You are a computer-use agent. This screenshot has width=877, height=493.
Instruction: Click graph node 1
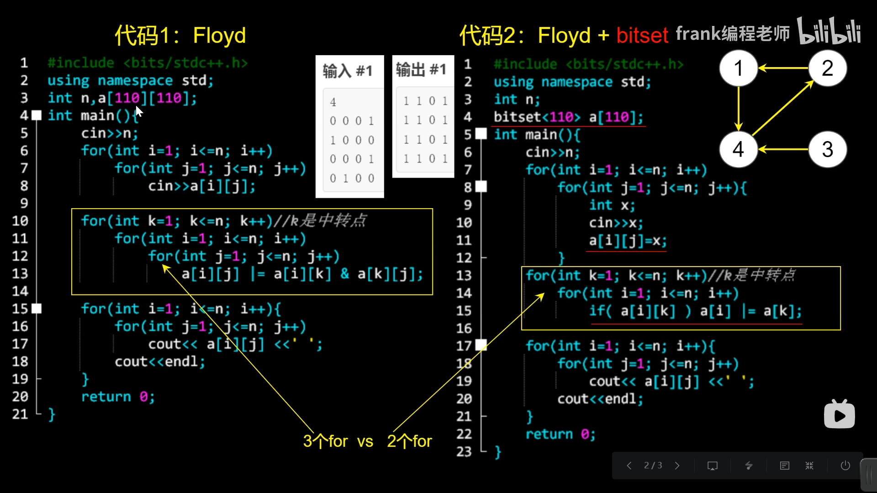pos(738,68)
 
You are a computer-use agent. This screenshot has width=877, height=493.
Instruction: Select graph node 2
pos(827,68)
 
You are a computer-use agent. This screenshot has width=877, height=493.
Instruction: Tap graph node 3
pos(827,149)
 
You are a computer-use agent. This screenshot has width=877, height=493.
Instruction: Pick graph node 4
pos(738,149)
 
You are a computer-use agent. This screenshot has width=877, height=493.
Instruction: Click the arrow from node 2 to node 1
pos(783,68)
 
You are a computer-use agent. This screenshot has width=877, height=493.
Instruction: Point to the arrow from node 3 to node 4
pos(783,149)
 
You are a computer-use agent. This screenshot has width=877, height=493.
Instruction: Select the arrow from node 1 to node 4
pos(739,109)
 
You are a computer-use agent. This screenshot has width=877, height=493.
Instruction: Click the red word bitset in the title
pos(642,36)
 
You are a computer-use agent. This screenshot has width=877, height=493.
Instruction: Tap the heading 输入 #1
pos(348,71)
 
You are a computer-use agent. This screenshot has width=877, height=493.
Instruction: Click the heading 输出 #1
pos(421,69)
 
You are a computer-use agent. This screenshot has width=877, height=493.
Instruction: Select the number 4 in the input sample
pos(333,102)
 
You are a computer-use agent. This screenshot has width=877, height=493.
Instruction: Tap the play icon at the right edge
pos(840,414)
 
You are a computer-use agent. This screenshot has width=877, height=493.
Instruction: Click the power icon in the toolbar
pos(845,465)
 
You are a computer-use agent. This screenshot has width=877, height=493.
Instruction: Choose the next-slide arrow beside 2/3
pos(677,465)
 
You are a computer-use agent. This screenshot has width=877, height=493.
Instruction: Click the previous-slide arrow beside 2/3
pos(629,465)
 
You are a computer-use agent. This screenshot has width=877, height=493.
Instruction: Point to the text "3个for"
pos(325,441)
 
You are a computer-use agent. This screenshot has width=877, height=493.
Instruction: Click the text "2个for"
pos(409,441)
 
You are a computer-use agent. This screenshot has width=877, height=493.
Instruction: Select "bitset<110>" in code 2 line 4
pos(537,117)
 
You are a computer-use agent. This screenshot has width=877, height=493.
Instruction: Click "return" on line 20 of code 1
pos(106,397)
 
